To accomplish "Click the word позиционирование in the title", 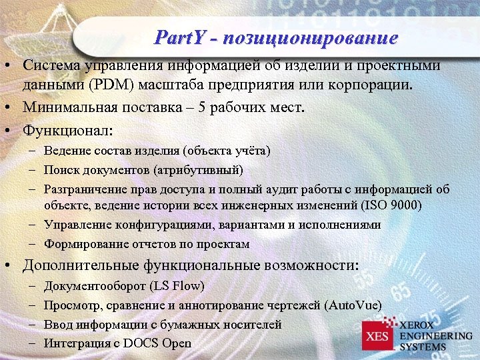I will pos(311,37).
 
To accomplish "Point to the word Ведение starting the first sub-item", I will pos(65,151).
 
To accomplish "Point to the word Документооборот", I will pos(94,286).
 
